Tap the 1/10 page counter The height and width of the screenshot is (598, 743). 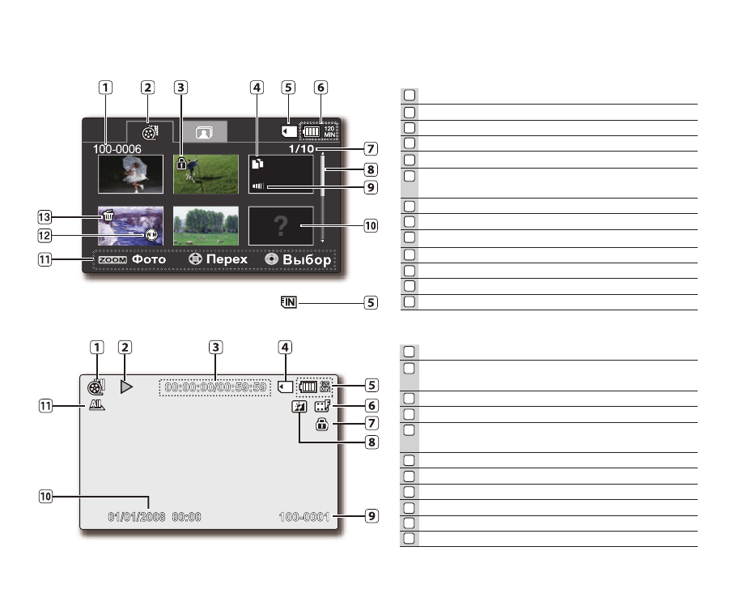pos(303,149)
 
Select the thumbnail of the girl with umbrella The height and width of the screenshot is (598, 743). pos(130,173)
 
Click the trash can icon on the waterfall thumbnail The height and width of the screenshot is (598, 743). pos(107,216)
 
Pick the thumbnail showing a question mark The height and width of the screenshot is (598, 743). pos(281,226)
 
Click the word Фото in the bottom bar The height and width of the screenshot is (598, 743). pos(149,260)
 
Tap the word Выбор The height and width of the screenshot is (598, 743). pos(307,260)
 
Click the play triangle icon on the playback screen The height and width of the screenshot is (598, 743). pos(126,387)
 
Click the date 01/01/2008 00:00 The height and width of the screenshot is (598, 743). pos(155,517)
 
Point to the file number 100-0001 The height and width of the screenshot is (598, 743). pos(305,517)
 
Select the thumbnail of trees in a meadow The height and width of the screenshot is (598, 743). pos(206,225)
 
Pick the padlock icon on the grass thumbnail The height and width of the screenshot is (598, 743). pos(181,163)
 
